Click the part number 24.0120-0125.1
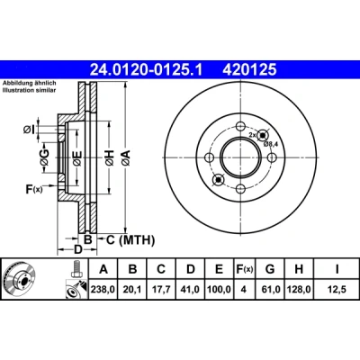coord(147,70)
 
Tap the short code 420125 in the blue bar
coord(249,70)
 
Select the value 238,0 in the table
coord(103,289)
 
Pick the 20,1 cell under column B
coord(132,289)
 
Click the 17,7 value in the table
coord(161,289)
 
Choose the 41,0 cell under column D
coord(191,289)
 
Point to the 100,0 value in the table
coord(219,289)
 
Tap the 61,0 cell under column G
coord(270,289)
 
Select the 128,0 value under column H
coord(299,289)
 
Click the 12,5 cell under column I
coord(337,289)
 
